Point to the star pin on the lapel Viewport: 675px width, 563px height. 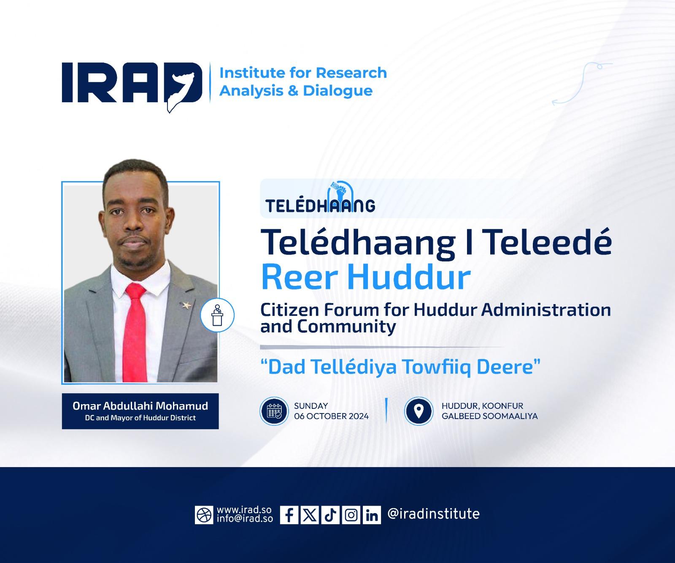pos(185,305)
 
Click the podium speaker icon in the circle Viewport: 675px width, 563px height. pos(217,315)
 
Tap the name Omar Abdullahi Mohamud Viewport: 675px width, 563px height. pos(140,406)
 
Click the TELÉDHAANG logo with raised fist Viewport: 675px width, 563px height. pos(321,198)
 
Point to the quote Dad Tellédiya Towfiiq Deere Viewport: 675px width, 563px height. pos(401,367)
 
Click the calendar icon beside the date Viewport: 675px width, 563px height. pos(274,411)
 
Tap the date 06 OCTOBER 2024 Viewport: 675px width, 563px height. pos(332,416)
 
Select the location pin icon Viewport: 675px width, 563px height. pos(418,411)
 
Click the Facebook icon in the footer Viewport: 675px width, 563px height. pos(289,515)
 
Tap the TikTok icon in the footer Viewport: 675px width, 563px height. pos(331,515)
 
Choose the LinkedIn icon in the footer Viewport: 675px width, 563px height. pos(372,515)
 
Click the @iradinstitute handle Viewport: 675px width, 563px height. pos(433,514)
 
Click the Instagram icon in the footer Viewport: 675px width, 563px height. pos(351,515)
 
